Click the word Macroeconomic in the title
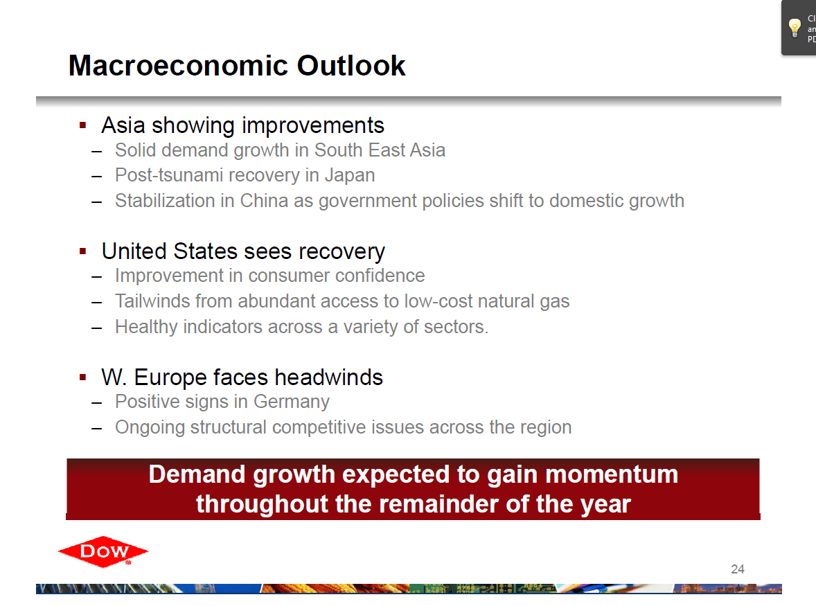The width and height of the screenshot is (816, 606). (x=179, y=66)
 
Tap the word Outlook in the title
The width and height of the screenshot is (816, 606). (x=351, y=66)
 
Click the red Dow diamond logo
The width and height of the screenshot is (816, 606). (x=103, y=551)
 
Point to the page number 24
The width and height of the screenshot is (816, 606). (x=738, y=569)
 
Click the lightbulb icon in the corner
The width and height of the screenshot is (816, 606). (x=795, y=28)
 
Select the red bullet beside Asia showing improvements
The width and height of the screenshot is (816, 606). (x=82, y=125)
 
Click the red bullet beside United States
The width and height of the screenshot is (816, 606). (x=82, y=251)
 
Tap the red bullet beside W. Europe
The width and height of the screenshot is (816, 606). (x=82, y=377)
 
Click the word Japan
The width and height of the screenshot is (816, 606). (x=350, y=176)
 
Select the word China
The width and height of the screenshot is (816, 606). (x=264, y=201)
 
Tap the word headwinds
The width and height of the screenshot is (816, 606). (x=329, y=377)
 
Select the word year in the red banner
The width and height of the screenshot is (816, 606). (x=605, y=505)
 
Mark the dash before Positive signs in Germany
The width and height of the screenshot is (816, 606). (x=96, y=403)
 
